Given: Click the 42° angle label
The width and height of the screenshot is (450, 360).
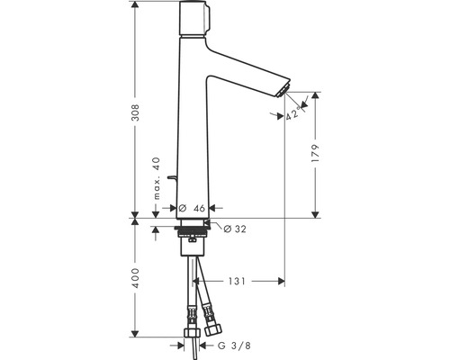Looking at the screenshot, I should [294, 113].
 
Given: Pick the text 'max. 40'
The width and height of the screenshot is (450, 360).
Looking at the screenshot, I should [155, 179].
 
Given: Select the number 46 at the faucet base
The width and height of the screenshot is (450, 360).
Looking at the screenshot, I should [199, 207].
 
